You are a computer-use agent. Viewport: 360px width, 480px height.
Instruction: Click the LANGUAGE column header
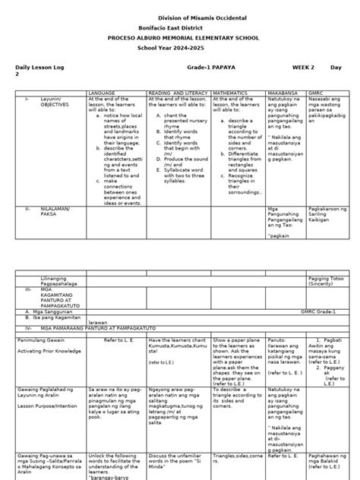(102, 93)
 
